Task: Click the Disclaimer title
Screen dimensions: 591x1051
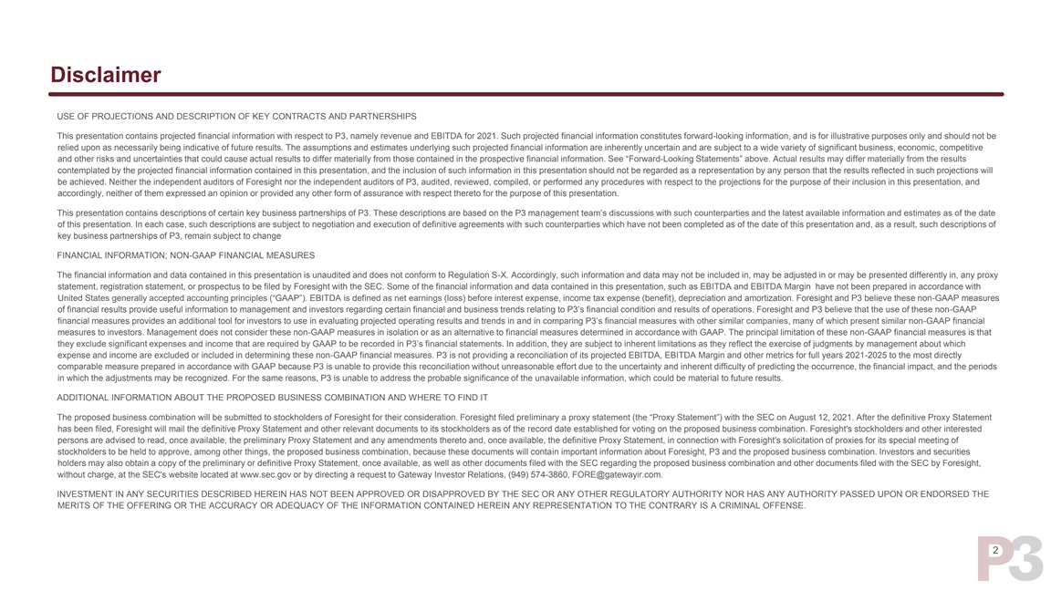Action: pos(106,75)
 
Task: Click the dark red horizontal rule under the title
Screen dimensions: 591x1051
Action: pos(527,94)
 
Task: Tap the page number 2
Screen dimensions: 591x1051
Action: pos(994,551)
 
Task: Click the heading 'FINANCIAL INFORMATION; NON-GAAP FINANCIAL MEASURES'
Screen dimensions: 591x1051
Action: pos(185,255)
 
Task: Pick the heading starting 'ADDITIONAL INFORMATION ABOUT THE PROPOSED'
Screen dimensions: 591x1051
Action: pos(272,398)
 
